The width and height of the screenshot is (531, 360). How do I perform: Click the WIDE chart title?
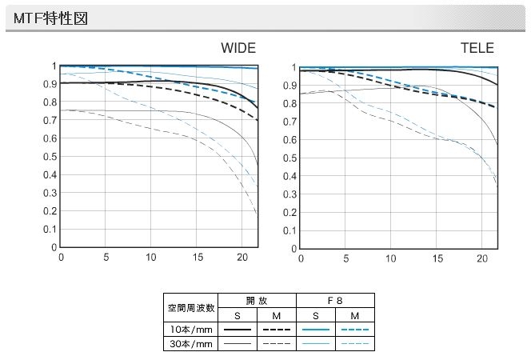pyautogui.click(x=238, y=48)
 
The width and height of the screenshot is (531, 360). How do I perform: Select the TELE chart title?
pyautogui.click(x=477, y=48)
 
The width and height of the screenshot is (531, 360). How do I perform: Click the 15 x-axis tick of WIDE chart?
pyautogui.click(x=198, y=258)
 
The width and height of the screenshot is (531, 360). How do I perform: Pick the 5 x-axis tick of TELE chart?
pyautogui.click(x=345, y=259)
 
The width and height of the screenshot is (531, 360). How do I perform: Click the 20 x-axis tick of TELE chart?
pyautogui.click(x=481, y=259)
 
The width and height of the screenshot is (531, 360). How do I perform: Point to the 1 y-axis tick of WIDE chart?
pyautogui.click(x=54, y=66)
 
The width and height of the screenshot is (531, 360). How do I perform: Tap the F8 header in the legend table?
pyautogui.click(x=335, y=299)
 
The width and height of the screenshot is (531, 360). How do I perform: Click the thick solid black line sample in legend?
pyautogui.click(x=238, y=330)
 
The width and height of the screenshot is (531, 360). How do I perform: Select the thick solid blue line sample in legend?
pyautogui.click(x=316, y=330)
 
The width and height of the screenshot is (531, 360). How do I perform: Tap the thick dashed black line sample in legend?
pyautogui.click(x=276, y=330)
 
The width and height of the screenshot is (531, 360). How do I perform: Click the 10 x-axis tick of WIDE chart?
pyautogui.click(x=152, y=258)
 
